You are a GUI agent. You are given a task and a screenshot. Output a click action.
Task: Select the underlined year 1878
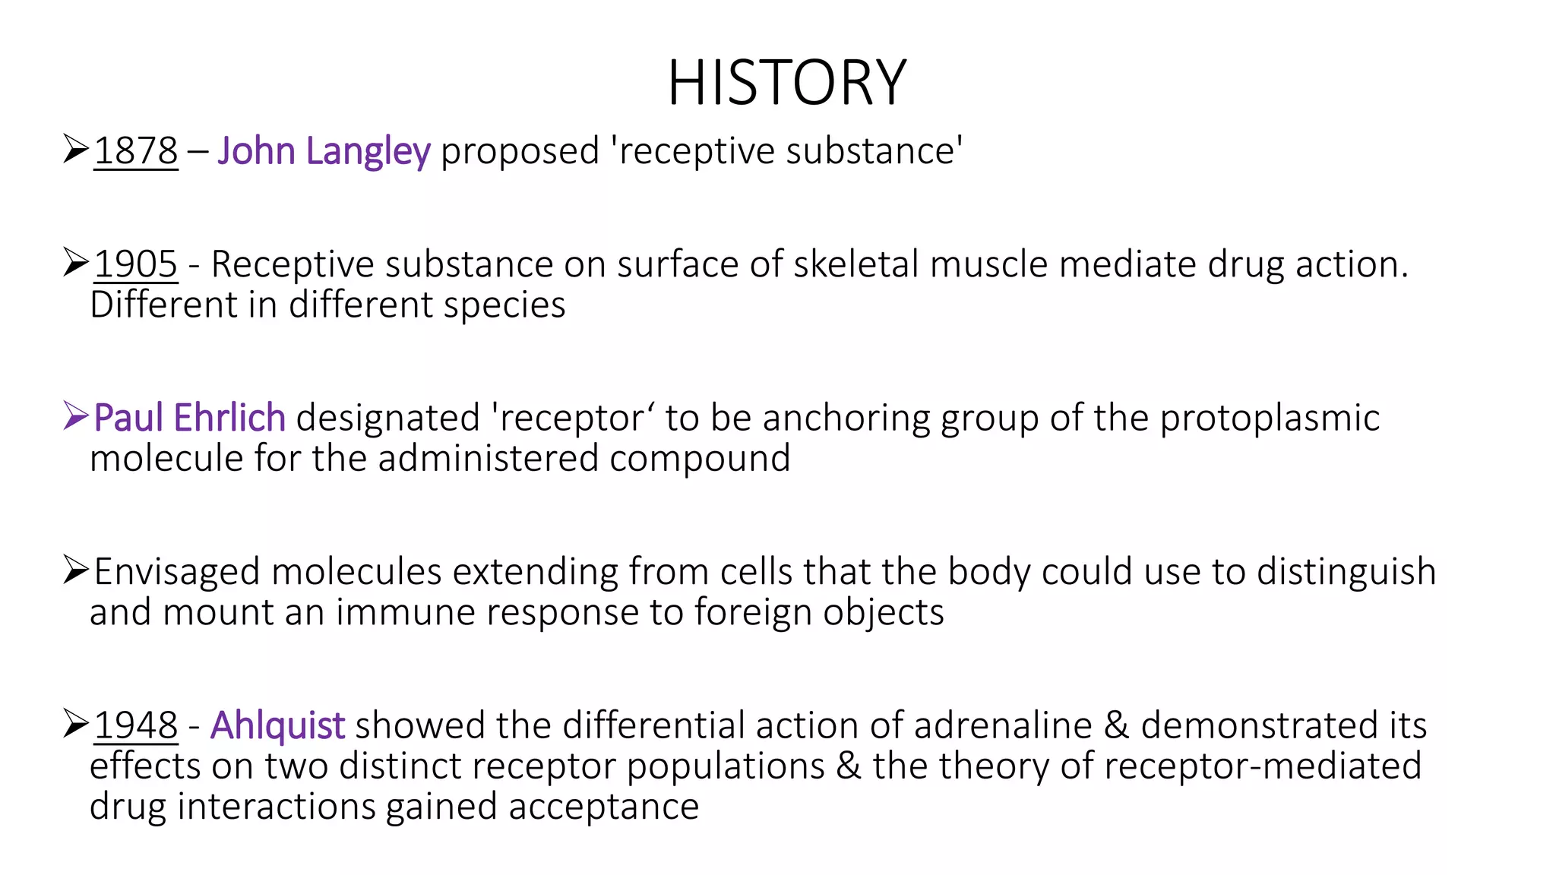point(135,150)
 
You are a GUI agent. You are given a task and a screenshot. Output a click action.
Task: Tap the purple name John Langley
point(324,150)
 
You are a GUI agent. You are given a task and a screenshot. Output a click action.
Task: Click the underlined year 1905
point(135,264)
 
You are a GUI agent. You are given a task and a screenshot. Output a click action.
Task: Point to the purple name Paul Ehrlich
point(189,418)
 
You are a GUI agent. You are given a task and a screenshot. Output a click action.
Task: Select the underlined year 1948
point(135,725)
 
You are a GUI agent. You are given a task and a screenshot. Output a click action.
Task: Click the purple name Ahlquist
point(277,725)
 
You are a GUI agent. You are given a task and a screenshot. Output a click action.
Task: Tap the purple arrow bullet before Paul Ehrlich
point(76,416)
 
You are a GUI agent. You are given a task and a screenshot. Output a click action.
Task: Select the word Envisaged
point(176,572)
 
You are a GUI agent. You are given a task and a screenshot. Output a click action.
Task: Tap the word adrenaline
point(1003,725)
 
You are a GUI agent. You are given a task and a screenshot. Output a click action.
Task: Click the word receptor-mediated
point(1262,766)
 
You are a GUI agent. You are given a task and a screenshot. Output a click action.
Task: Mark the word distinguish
point(1346,572)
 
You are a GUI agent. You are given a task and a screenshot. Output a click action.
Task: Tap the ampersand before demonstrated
point(1116,725)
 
